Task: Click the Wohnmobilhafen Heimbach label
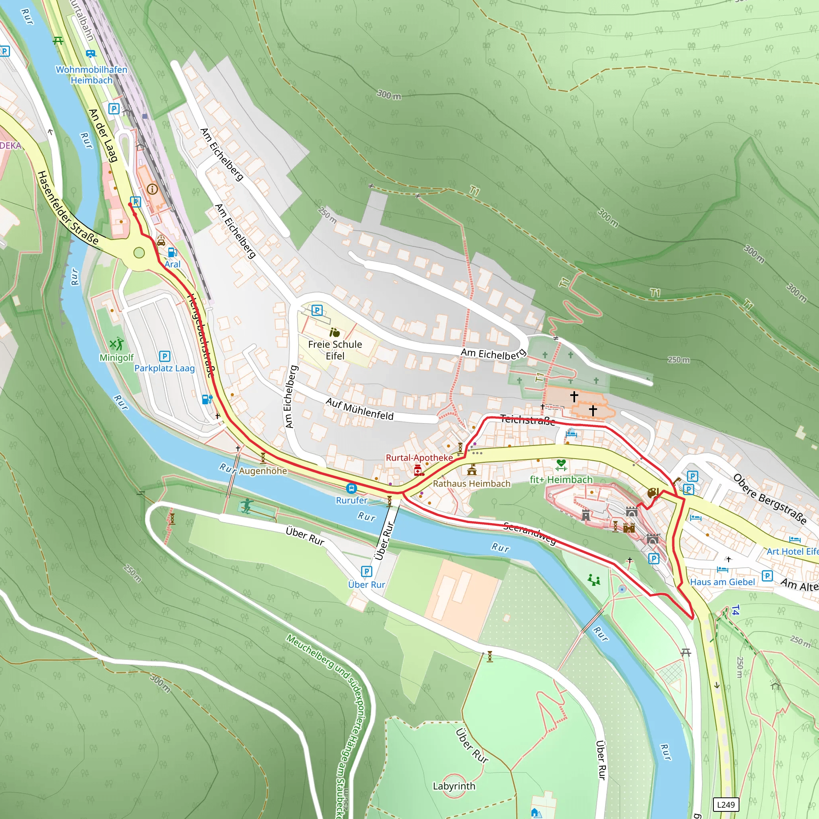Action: (91, 75)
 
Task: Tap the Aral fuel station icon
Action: (172, 252)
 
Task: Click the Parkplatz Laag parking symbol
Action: (164, 356)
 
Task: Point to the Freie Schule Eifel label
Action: (335, 350)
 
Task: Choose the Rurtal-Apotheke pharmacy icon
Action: (418, 470)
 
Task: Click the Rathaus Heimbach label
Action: (471, 483)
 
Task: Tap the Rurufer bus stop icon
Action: (351, 489)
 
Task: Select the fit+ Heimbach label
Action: (561, 479)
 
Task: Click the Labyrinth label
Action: (453, 786)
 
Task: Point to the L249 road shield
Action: (726, 804)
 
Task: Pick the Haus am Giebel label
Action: (722, 581)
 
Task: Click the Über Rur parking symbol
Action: (366, 571)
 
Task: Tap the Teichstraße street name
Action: (527, 419)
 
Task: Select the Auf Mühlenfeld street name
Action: (360, 409)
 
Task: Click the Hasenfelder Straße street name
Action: (68, 208)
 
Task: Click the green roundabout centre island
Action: (139, 253)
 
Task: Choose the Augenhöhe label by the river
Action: (263, 471)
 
